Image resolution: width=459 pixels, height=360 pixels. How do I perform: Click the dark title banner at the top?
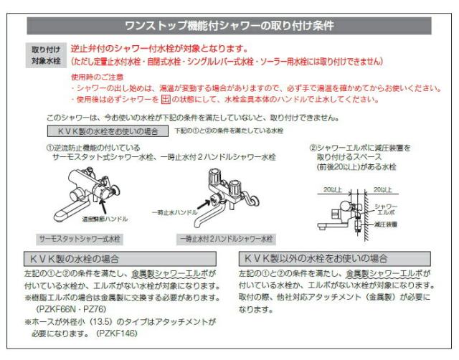(x=229, y=27)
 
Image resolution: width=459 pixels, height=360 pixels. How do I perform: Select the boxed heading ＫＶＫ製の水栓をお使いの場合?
(x=108, y=131)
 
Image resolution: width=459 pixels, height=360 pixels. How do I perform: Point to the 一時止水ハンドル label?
(x=174, y=212)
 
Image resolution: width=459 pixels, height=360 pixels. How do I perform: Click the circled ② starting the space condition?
(x=313, y=148)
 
